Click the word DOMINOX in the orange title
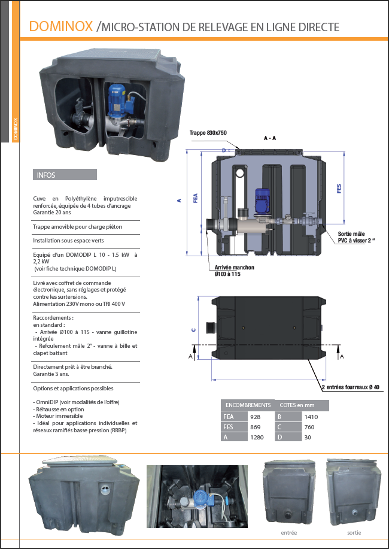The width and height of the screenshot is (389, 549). (x=61, y=26)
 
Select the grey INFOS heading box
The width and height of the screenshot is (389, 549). (x=65, y=175)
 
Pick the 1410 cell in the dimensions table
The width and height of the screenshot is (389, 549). (x=311, y=417)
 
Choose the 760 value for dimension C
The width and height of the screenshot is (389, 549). (x=310, y=427)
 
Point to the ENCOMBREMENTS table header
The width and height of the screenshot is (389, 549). (x=246, y=405)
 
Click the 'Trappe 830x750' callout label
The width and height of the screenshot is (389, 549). (x=208, y=133)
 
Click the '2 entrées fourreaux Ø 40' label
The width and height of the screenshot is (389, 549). (x=351, y=388)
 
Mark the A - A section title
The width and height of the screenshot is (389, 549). (x=270, y=138)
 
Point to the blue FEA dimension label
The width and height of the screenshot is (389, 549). (x=196, y=199)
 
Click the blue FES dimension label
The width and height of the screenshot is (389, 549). (x=339, y=189)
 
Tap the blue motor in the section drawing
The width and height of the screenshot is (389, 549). (x=263, y=202)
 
